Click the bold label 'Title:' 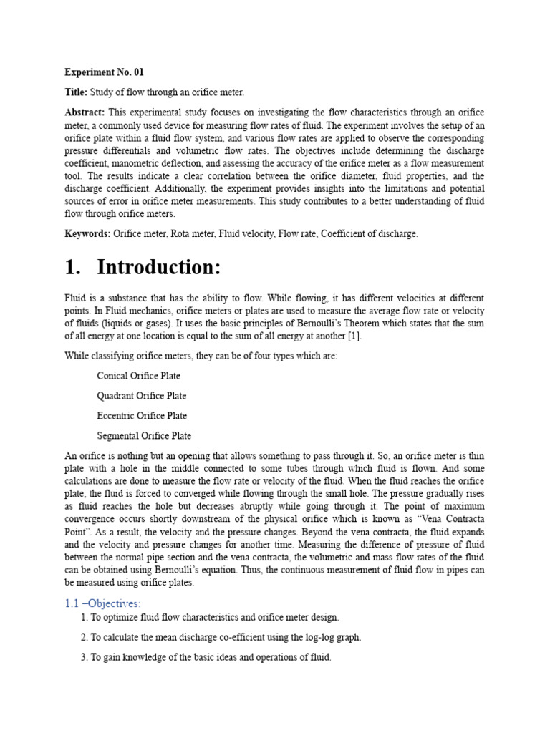(76, 92)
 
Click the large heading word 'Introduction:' (159, 268)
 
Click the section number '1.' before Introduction (74, 268)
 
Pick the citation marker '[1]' (354, 336)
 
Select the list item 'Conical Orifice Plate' (138, 376)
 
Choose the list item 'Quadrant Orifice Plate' (141, 396)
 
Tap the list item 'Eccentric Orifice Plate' (142, 416)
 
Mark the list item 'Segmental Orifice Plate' (144, 436)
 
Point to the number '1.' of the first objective (85, 617)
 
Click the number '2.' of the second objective (85, 637)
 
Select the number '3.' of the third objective (85, 657)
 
